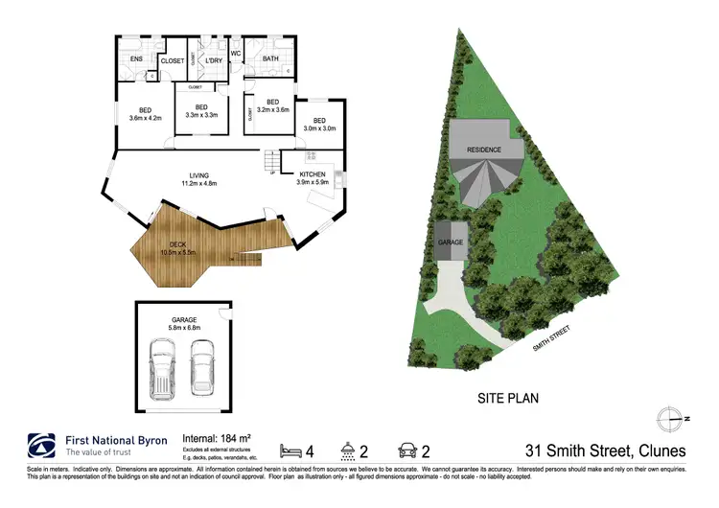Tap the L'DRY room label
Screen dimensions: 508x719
pyautogui.click(x=213, y=60)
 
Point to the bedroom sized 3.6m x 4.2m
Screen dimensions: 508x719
pyautogui.click(x=145, y=113)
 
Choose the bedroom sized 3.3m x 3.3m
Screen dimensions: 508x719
pyautogui.click(x=201, y=110)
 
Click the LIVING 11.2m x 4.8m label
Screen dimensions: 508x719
pyautogui.click(x=199, y=178)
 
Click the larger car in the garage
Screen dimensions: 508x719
pyautogui.click(x=164, y=368)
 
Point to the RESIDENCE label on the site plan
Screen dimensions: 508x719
pyautogui.click(x=484, y=150)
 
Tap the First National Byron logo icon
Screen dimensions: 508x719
pyautogui.click(x=40, y=446)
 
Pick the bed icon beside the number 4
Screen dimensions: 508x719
pyautogui.click(x=289, y=449)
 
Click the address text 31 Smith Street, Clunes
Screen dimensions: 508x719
pyautogui.click(x=605, y=449)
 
